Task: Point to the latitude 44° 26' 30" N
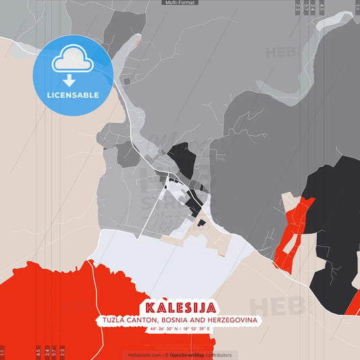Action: [x=164, y=328]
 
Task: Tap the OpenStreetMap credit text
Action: [x=191, y=355]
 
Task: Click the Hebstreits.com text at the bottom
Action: [x=142, y=355]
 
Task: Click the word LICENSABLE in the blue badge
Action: [x=72, y=95]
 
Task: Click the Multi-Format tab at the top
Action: [x=180, y=3]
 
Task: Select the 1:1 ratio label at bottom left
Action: [x=3, y=352]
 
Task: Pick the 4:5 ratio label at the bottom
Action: [x=38, y=352]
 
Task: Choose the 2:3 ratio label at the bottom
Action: [x=62, y=352]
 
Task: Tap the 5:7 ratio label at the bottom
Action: [x=54, y=352]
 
